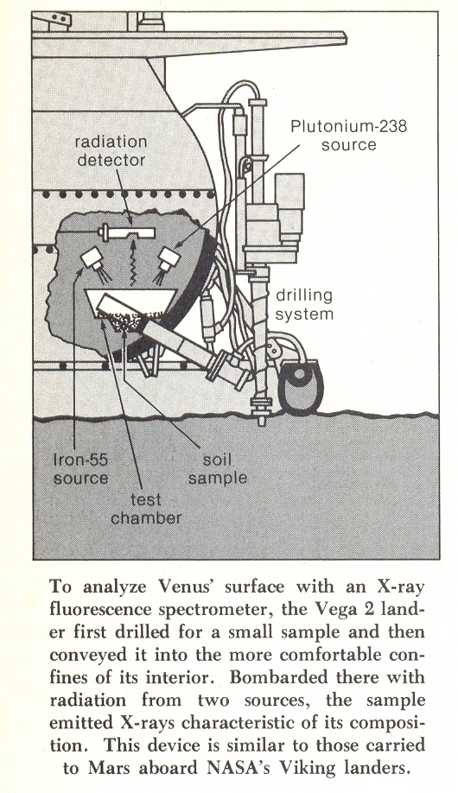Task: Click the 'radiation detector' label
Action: (x=111, y=150)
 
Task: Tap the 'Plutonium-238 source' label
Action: (x=349, y=135)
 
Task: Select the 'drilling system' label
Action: (x=304, y=304)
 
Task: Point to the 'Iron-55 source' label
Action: (x=80, y=469)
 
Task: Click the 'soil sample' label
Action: (x=218, y=469)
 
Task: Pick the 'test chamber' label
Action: (x=146, y=508)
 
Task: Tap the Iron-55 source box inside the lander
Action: (x=92, y=259)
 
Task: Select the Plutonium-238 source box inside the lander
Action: (x=169, y=258)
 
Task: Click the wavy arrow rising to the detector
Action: (x=133, y=263)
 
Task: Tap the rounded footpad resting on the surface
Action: (x=301, y=386)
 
